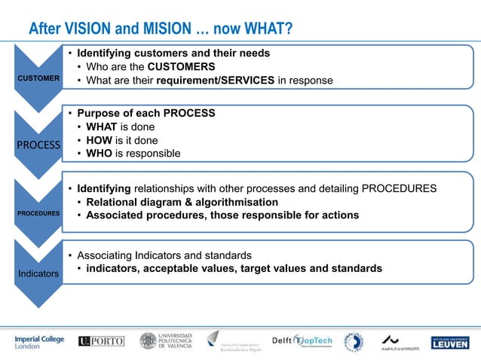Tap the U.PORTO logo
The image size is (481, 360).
[x=101, y=341]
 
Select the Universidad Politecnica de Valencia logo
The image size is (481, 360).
[x=167, y=341]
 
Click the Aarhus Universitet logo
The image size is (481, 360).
[x=397, y=342]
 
